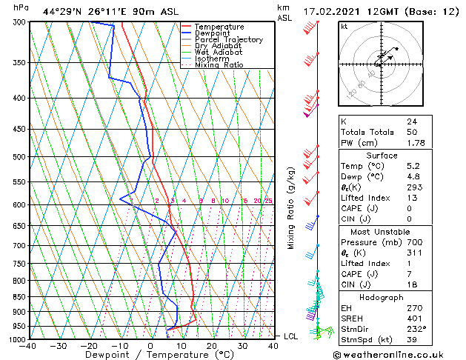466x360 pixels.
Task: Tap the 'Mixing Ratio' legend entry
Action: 219,65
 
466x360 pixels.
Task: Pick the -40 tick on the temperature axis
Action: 28,346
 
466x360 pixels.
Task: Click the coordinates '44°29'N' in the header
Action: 61,12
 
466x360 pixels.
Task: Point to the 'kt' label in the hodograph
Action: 344,26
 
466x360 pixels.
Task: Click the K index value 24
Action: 411,121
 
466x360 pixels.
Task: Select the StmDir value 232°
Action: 416,329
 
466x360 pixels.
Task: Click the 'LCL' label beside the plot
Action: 291,336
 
